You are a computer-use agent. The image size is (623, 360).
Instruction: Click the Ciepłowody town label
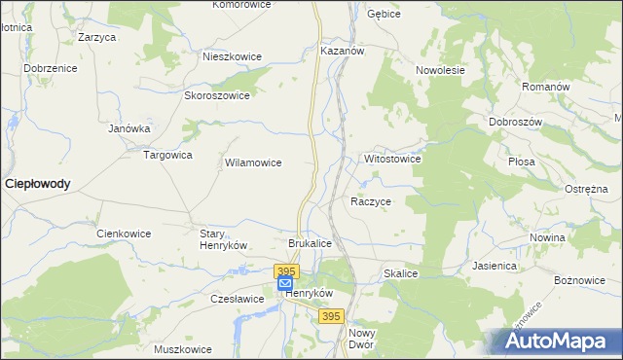[38, 183]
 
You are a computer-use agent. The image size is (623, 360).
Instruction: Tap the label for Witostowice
[392, 158]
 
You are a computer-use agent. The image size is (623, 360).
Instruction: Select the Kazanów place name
[342, 50]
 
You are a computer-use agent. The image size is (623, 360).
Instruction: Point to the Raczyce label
[371, 201]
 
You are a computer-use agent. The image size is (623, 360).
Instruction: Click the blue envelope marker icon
[285, 283]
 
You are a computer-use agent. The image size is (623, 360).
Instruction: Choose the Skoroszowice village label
[217, 95]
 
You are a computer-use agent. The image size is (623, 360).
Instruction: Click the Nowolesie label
[441, 70]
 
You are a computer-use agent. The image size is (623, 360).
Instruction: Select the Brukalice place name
[311, 242]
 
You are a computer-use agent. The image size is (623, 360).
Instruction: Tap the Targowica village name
[168, 154]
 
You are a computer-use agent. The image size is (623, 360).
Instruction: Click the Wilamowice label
[253, 162]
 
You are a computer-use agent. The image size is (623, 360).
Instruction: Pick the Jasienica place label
[494, 265]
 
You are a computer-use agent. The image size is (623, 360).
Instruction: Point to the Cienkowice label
[126, 234]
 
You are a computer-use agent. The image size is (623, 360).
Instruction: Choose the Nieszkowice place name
[232, 56]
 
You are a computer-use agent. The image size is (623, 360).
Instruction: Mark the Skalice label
[401, 274]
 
